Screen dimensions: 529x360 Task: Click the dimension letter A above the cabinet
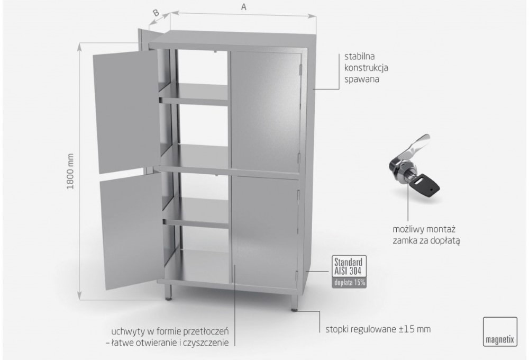[x=243, y=7]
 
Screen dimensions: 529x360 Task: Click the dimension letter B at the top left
[x=156, y=13]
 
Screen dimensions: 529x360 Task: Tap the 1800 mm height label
[x=70, y=171]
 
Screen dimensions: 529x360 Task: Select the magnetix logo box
[x=500, y=331]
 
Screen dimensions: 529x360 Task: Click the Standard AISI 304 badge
[x=348, y=266]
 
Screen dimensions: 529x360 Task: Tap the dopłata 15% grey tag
[x=349, y=283]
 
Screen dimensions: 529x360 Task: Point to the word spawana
[x=361, y=80]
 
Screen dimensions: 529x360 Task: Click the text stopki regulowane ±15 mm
[x=378, y=329]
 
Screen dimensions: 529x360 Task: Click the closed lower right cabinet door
[x=265, y=233]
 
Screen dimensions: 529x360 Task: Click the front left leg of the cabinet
[x=168, y=292]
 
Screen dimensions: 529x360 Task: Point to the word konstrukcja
[x=366, y=68]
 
